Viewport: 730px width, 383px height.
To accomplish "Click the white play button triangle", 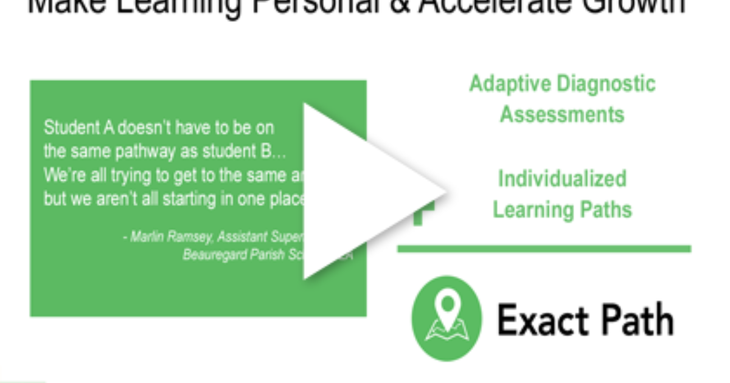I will coord(365,191).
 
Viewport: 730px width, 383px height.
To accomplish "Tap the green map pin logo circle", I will coord(447,319).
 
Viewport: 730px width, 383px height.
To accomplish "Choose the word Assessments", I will coord(562,114).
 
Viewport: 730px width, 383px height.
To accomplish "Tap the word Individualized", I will coord(562,179).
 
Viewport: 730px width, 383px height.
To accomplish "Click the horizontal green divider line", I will coord(544,249).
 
